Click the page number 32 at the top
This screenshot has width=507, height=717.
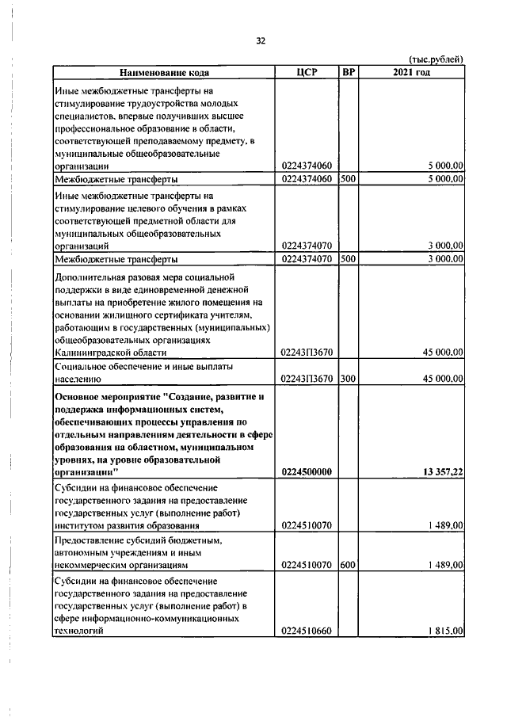click(x=260, y=41)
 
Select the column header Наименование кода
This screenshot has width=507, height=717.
click(x=164, y=73)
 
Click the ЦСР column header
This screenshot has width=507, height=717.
click(x=306, y=73)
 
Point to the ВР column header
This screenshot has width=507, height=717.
click(x=349, y=73)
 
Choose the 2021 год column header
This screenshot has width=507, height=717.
click(x=411, y=73)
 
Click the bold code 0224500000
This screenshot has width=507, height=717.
click(x=307, y=471)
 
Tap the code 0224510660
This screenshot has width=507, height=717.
click(x=307, y=631)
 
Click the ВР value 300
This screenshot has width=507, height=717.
click(x=348, y=379)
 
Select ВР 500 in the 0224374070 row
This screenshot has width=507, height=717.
click(x=348, y=258)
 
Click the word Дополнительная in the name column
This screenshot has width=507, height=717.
click(x=89, y=277)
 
